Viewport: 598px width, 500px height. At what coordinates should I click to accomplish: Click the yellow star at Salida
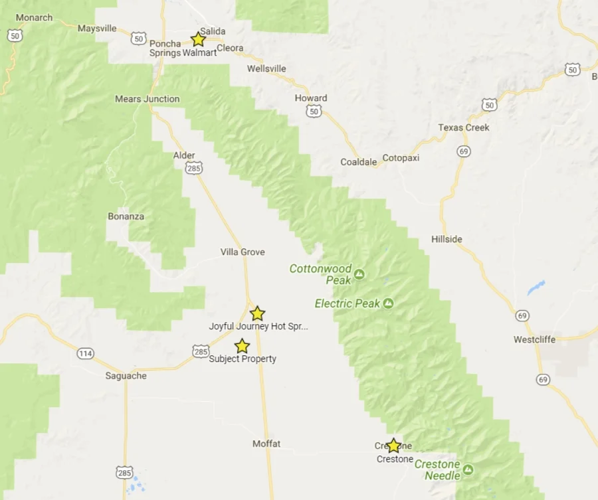[198, 39]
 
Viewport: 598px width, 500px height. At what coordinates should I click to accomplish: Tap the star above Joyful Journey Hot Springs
[257, 313]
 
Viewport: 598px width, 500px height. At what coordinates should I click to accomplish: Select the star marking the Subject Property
[242, 346]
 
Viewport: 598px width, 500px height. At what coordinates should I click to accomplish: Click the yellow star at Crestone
[393, 446]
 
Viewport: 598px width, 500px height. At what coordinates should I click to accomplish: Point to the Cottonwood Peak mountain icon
[359, 274]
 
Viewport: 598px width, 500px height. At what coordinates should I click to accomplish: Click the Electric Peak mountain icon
[388, 303]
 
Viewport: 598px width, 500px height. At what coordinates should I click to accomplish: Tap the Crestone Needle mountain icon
[468, 470]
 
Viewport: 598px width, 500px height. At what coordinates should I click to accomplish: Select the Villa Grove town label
[243, 252]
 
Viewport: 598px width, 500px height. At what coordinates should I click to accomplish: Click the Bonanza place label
[126, 216]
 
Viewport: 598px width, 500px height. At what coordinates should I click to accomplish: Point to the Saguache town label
[125, 376]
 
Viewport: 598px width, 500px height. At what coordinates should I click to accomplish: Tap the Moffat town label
[266, 444]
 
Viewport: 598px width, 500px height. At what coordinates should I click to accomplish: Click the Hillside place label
[447, 239]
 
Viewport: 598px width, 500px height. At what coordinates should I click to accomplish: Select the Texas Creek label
[464, 127]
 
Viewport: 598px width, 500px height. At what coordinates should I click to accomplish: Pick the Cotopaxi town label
[401, 158]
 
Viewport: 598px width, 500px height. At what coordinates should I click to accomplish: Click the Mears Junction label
[147, 99]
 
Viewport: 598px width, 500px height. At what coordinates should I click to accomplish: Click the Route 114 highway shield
[85, 353]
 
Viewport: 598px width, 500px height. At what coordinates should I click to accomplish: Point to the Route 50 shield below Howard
[314, 111]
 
